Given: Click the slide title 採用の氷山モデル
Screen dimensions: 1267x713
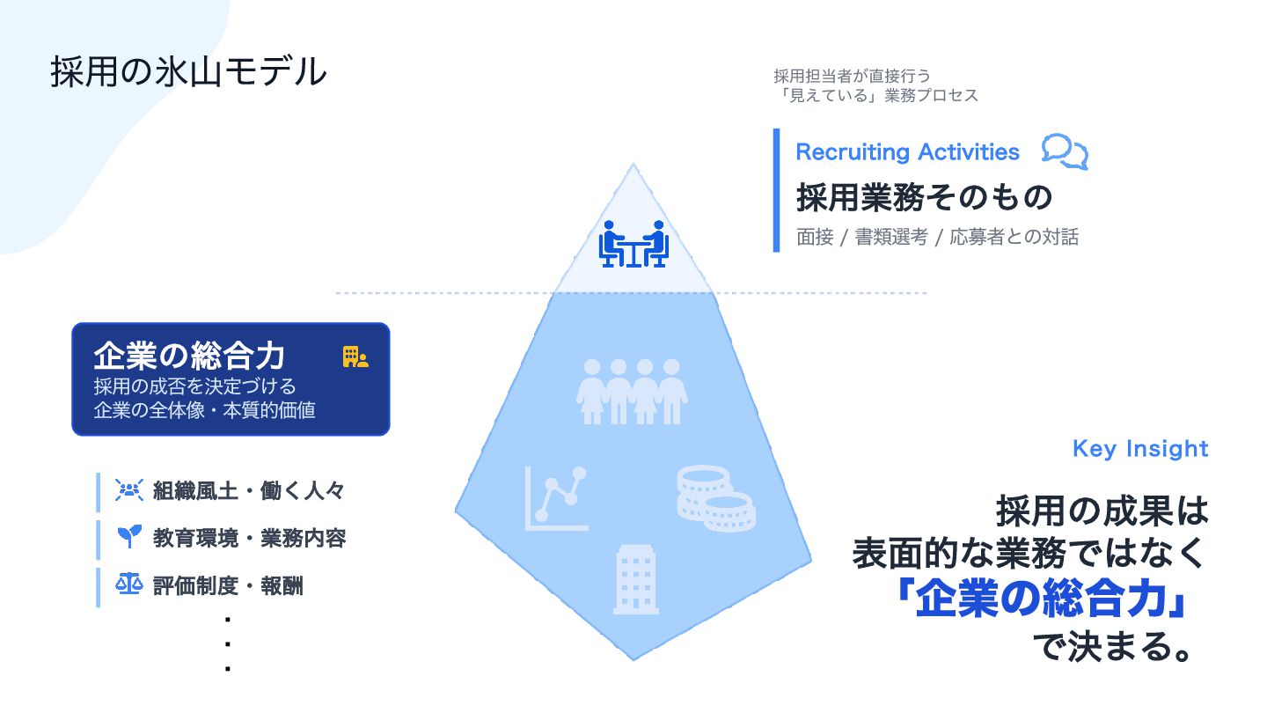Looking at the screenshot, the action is [188, 72].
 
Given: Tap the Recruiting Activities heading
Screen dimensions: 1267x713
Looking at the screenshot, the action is [907, 151].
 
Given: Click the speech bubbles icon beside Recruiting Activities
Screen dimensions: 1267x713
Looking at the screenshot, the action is [1065, 151].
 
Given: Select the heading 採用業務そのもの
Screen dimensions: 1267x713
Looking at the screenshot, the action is [924, 197].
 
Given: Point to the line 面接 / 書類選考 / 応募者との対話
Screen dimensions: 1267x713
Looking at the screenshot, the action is [937, 238].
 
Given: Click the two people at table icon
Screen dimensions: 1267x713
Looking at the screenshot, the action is [633, 244].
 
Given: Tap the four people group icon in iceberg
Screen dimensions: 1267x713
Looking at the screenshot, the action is [632, 392].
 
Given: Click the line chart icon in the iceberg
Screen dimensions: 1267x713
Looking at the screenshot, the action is [556, 498].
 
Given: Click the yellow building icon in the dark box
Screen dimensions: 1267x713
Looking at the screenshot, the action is [355, 356].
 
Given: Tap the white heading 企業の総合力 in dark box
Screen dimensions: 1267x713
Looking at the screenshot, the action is [189, 356].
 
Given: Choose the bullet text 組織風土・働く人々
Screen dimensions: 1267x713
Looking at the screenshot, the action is [249, 491].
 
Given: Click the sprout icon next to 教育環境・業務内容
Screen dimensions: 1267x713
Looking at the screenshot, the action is [128, 537].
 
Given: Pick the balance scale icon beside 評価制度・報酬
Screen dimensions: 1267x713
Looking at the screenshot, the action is [128, 584].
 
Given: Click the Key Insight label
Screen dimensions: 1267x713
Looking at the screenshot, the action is [1140, 448].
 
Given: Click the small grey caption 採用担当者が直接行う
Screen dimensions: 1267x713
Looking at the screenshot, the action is [852, 76].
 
